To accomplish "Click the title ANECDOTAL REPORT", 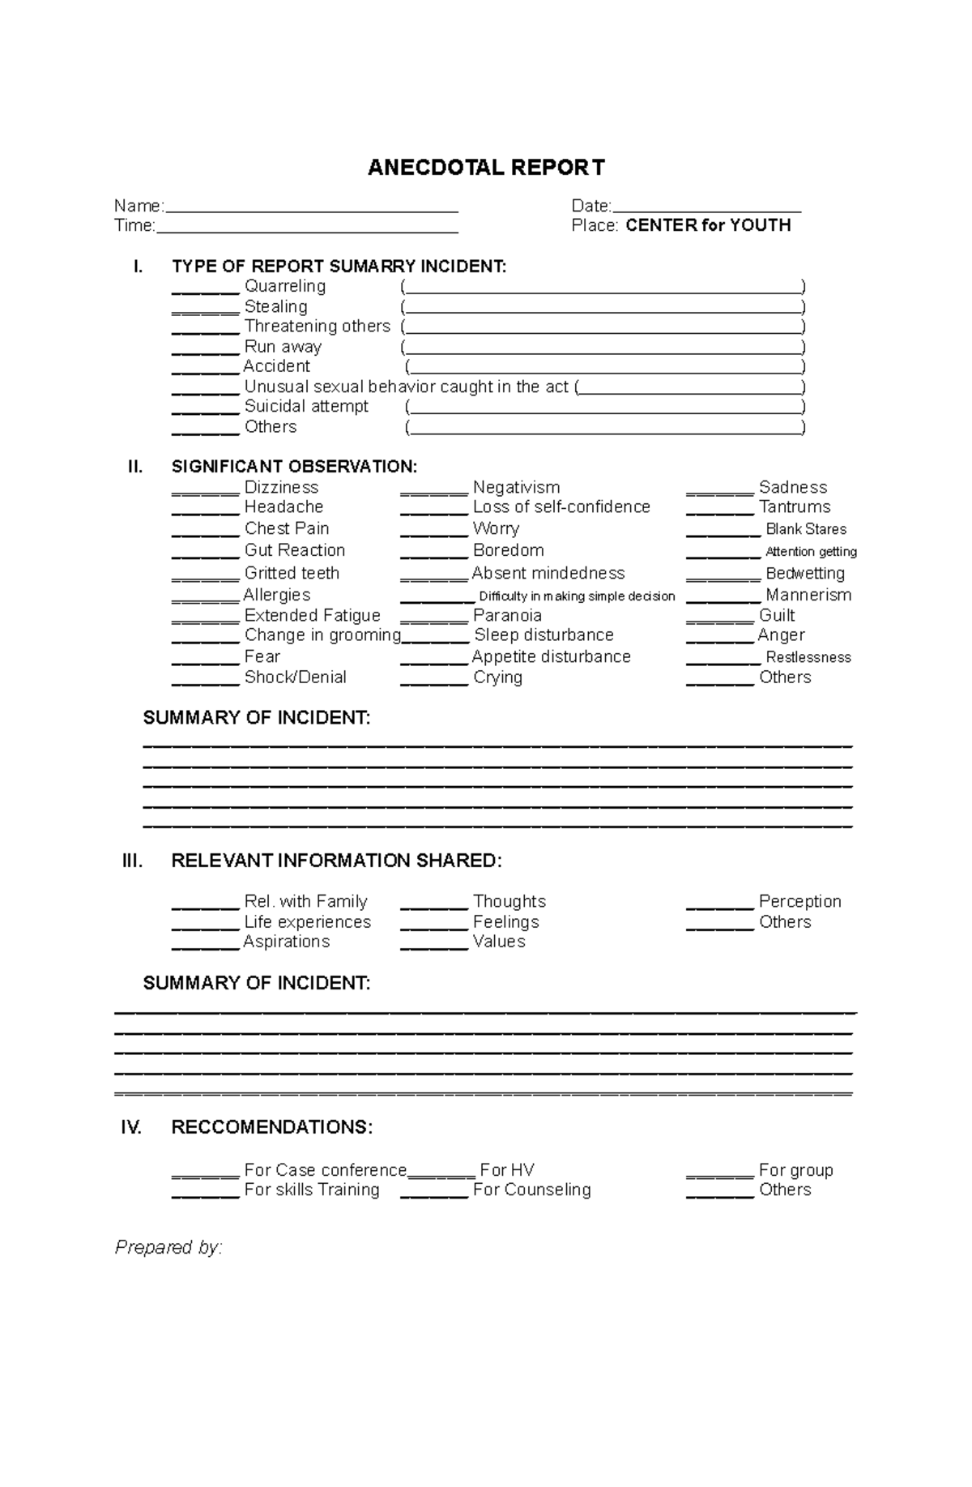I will (x=486, y=168).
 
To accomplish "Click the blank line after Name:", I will (x=311, y=207).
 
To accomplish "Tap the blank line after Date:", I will (x=706, y=207).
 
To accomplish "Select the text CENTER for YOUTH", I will (x=708, y=226).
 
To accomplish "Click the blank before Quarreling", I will (x=205, y=289).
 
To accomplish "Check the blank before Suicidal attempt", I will (x=205, y=409).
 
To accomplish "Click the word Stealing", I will (x=275, y=307).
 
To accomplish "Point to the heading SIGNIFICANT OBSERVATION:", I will (x=294, y=467).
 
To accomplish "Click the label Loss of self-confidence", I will (x=561, y=507).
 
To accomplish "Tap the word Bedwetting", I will (x=805, y=574).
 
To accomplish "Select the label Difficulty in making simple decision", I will (x=577, y=596).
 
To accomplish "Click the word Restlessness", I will (x=808, y=658).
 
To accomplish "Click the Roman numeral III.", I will (x=132, y=861).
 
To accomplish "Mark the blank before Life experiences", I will (x=205, y=925).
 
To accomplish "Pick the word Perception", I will (x=799, y=902).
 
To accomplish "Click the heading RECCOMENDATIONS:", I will (x=272, y=1128).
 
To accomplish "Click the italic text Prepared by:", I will (x=168, y=1248).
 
